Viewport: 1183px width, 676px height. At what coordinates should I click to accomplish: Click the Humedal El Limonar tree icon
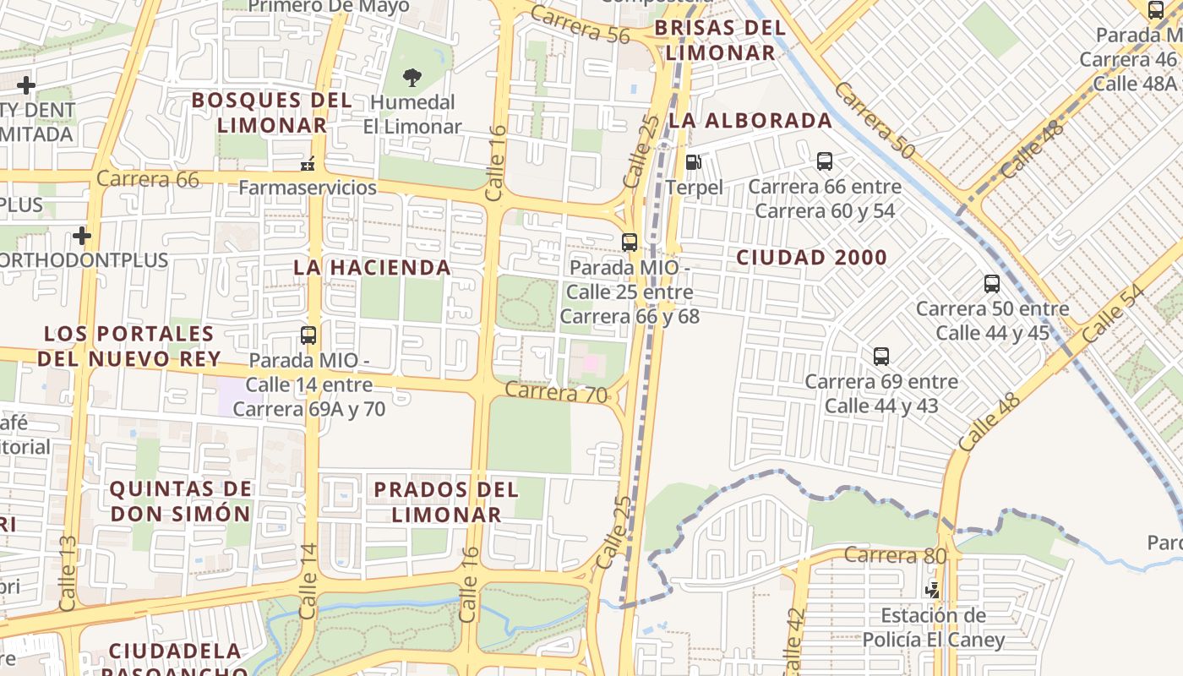click(x=412, y=78)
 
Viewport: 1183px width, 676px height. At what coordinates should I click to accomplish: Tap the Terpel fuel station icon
click(x=693, y=161)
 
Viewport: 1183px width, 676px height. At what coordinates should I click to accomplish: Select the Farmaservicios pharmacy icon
click(x=308, y=163)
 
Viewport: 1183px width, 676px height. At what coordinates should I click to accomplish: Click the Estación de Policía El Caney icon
click(x=933, y=589)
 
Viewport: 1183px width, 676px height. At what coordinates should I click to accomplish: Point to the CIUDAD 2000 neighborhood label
click(x=811, y=258)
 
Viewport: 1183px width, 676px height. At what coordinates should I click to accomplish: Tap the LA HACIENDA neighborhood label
click(x=372, y=268)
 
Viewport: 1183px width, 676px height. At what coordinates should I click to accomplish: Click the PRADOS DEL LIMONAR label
click(x=445, y=501)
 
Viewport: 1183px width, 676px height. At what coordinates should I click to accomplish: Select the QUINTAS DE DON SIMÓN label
click(x=181, y=500)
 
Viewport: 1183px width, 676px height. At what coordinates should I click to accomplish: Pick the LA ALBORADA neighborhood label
click(x=750, y=121)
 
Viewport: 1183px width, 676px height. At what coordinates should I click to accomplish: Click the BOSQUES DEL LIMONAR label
click(x=271, y=112)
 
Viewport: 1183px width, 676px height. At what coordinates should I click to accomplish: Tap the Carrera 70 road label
click(x=556, y=392)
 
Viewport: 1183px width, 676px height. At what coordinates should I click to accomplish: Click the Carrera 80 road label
click(x=895, y=555)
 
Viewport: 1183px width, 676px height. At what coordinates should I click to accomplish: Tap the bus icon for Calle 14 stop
click(x=308, y=335)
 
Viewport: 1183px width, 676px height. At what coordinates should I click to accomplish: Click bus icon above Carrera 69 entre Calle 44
click(x=881, y=356)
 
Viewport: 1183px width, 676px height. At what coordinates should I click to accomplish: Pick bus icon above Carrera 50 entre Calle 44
click(x=992, y=284)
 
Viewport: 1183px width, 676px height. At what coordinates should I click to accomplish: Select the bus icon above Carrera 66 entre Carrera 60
click(x=825, y=161)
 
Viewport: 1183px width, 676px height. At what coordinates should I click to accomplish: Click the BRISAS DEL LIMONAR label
click(x=720, y=40)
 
